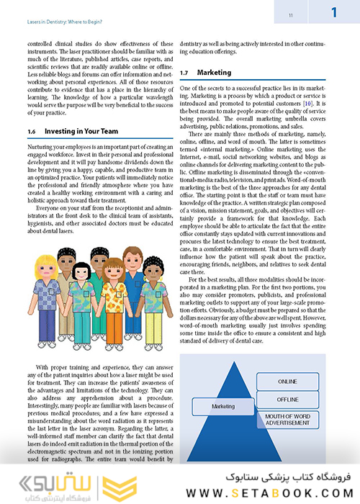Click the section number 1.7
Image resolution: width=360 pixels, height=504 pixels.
pyautogui.click(x=185, y=73)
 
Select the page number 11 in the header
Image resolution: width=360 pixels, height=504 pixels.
pyautogui.click(x=269, y=14)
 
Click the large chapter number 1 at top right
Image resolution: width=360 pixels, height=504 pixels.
pyautogui.click(x=335, y=12)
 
